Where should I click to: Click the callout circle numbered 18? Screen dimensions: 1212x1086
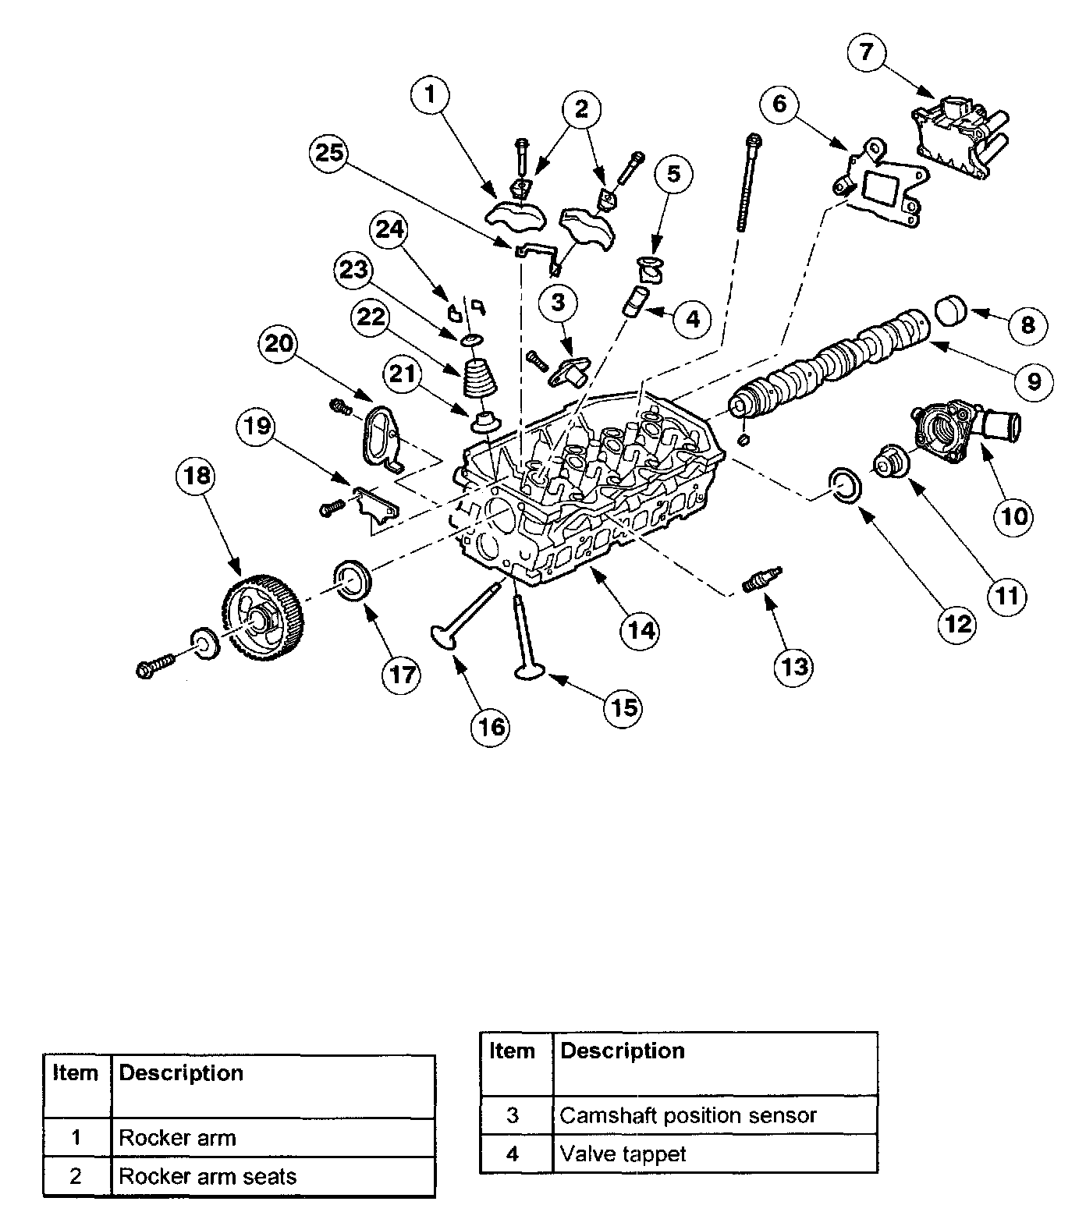[x=197, y=476]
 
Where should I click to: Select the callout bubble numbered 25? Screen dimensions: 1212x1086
[x=329, y=153]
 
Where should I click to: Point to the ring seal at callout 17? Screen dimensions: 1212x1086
[x=353, y=581]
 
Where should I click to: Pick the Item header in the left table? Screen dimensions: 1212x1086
[x=75, y=1073]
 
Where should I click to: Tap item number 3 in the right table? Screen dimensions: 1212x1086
[x=513, y=1115]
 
